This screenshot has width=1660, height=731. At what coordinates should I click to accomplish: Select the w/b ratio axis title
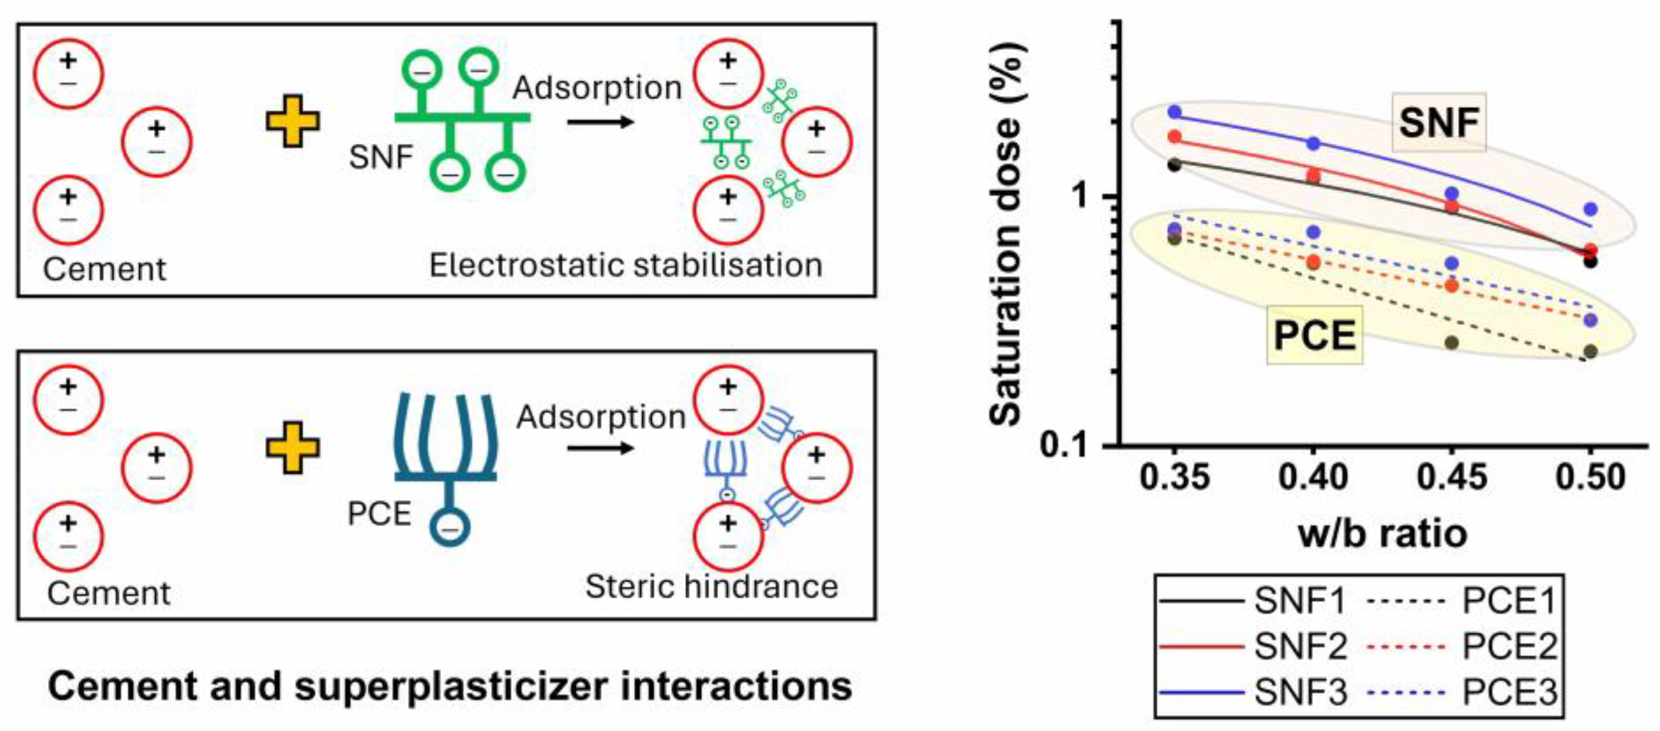pos(1382,534)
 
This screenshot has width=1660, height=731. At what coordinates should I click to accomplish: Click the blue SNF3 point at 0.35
pos(1174,112)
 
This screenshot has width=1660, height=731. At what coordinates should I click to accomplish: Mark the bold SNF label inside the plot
pos(1438,122)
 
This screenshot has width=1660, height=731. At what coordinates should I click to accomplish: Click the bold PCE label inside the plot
pos(1314,335)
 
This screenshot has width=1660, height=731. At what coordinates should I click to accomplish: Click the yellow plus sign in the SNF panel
pos(293,121)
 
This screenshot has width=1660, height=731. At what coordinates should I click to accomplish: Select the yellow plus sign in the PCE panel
pos(293,447)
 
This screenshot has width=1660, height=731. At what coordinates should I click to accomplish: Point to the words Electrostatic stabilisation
pos(626,265)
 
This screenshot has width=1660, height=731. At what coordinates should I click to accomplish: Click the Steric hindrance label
pos(712,587)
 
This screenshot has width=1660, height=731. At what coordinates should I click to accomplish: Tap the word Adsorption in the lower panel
pos(601,417)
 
